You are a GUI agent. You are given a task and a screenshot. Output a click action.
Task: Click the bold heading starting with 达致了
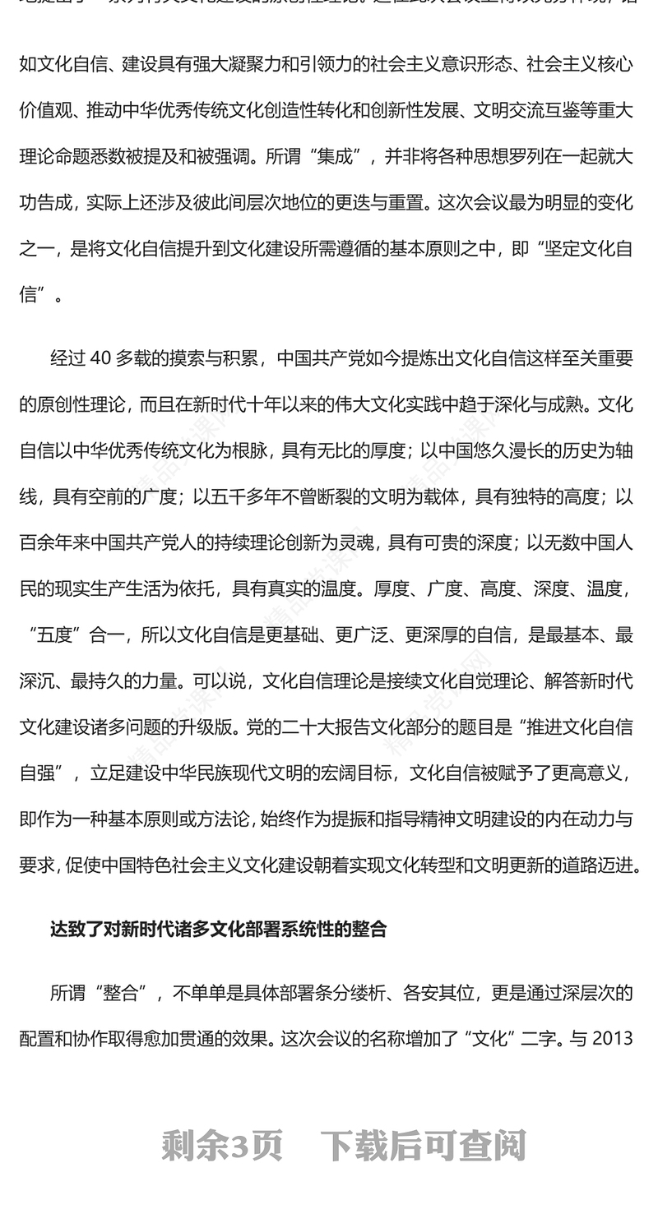218,930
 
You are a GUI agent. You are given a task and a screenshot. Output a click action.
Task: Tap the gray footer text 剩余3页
222,1146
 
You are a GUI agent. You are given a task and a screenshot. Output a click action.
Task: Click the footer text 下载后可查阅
423,1146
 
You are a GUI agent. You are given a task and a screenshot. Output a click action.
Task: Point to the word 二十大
329,727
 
